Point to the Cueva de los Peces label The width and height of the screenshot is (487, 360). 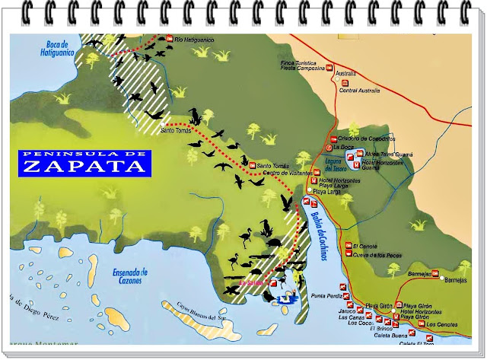tap(377, 254)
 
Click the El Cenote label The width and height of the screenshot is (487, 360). tap(365, 246)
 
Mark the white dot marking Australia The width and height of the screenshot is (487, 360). tap(336, 78)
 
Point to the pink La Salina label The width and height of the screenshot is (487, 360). tap(251, 285)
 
